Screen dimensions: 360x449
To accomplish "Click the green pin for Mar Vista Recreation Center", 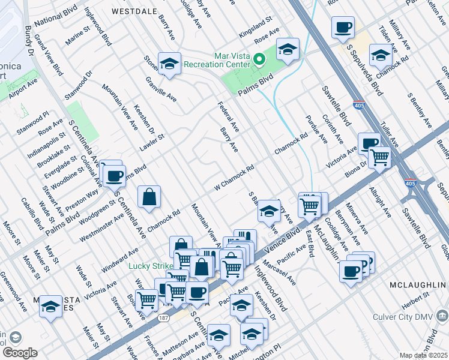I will pos(259,59).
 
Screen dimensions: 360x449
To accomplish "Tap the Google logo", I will pos(19,353).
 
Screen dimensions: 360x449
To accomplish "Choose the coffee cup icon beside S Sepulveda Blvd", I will pos(343,26).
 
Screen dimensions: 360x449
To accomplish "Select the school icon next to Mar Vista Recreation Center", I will pos(288,49).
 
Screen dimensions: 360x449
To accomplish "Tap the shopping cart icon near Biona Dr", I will pos(379,157).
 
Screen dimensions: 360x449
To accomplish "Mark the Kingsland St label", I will pos(255,24).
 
